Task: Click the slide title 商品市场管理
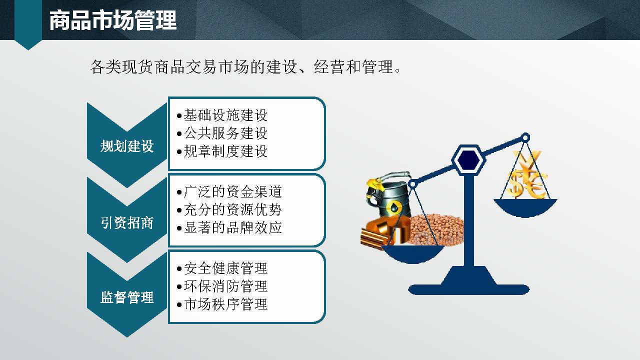click(113, 21)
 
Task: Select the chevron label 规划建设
click(127, 146)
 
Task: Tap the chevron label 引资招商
click(127, 222)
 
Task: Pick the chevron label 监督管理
click(127, 297)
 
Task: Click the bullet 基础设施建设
click(225, 115)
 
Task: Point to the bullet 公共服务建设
click(225, 133)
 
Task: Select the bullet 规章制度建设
click(225, 151)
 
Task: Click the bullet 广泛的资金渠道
click(233, 191)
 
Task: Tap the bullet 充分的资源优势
click(233, 209)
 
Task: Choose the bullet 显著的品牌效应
click(233, 227)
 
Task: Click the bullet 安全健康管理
click(225, 268)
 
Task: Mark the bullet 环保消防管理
click(225, 286)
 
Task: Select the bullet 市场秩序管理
click(225, 304)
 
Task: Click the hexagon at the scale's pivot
click(468, 159)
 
